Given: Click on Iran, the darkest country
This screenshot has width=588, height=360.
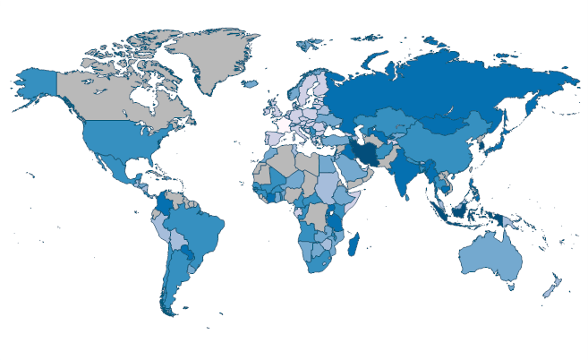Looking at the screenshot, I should [x=364, y=154].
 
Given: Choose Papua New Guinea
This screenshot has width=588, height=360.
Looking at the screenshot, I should [x=512, y=220].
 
